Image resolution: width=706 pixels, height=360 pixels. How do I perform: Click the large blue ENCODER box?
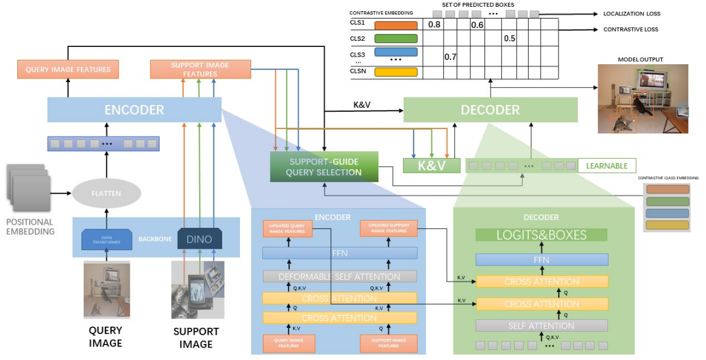click(135, 110)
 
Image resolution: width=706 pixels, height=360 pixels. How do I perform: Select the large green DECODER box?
click(491, 109)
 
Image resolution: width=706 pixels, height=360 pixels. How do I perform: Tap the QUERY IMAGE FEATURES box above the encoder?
click(68, 69)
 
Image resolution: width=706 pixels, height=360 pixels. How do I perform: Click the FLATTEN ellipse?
click(107, 193)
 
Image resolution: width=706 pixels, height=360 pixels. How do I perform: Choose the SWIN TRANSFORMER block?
click(107, 239)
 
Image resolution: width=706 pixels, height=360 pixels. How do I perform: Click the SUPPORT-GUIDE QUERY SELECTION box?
click(324, 167)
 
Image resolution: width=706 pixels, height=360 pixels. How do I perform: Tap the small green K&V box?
click(431, 165)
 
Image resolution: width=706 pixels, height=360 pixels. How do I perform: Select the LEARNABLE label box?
click(607, 165)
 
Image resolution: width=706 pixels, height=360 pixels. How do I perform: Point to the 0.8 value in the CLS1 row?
click(434, 25)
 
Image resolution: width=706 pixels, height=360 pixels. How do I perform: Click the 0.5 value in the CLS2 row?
click(509, 39)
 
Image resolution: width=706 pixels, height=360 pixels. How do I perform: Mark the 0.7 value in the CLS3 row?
click(451, 57)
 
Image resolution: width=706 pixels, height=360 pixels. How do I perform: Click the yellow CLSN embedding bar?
click(396, 72)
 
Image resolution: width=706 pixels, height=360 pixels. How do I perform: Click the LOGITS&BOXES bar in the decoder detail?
click(541, 235)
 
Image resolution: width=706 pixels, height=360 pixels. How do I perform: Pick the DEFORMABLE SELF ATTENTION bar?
click(339, 277)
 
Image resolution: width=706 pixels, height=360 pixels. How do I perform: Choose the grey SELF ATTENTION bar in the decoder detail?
click(541, 325)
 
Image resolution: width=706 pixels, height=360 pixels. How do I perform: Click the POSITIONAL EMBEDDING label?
click(30, 227)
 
